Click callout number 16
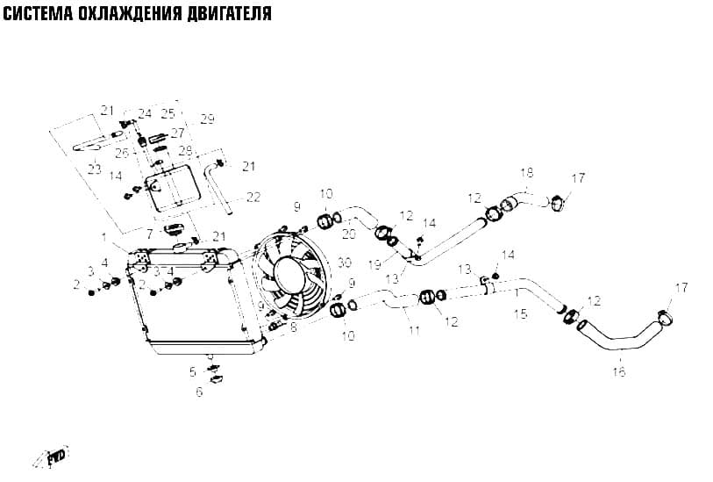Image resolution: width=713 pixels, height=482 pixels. tap(619, 372)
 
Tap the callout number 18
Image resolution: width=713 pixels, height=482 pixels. tap(527, 174)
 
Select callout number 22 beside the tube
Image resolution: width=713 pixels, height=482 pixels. tap(253, 197)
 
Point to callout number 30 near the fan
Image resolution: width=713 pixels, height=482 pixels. tap(345, 263)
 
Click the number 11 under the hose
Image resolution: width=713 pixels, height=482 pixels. tap(414, 331)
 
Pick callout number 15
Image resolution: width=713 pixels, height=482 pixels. tap(521, 313)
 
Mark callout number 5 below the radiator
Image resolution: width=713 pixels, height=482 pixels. tap(193, 372)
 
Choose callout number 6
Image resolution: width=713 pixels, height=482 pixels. tap(200, 392)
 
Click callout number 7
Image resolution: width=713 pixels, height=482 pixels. tap(149, 235)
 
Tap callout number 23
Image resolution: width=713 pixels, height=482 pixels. tap(94, 169)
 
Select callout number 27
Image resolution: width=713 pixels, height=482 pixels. tap(177, 133)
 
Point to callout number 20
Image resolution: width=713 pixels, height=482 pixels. tap(349, 234)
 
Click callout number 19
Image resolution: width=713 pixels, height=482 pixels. tap(375, 265)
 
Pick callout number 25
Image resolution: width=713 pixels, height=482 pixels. tap(168, 113)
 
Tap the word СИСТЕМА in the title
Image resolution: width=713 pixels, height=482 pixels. tap(38, 13)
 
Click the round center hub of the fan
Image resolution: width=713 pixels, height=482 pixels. tap(289, 274)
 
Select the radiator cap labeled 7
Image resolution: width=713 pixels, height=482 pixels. tap(173, 229)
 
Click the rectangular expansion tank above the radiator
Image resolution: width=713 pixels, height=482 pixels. tap(173, 188)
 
